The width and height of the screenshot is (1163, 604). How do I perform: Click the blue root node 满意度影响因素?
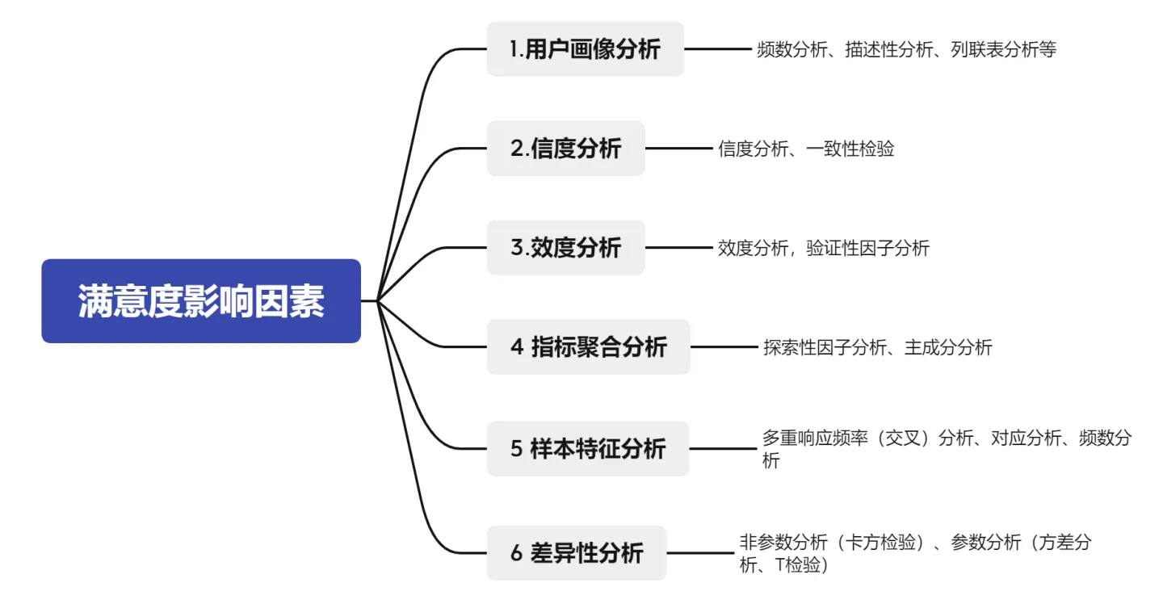(201, 301)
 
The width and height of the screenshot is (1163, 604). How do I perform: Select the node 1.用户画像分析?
(585, 49)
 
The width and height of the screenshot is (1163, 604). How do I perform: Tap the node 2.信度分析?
(566, 149)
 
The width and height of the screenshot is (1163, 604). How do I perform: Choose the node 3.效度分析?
(566, 248)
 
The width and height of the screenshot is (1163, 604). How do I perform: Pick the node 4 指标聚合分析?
(588, 346)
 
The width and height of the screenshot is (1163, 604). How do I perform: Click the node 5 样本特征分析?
(588, 448)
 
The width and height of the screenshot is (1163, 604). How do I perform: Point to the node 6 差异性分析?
(577, 552)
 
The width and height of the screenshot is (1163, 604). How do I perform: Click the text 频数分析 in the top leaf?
(791, 49)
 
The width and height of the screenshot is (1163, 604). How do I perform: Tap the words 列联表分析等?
(1004, 49)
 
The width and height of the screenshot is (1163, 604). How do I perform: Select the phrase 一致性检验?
(850, 149)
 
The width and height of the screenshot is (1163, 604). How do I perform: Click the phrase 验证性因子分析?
(867, 248)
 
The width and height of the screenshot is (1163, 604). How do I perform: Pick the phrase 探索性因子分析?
(825, 347)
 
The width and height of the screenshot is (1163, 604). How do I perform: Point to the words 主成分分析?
(948, 347)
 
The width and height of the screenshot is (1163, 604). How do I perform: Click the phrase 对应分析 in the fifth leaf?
(1026, 438)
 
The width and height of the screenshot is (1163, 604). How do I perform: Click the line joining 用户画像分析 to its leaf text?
(718, 49)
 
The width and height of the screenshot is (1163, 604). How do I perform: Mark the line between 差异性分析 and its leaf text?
(700, 552)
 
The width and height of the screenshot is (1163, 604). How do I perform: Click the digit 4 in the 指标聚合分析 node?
(517, 346)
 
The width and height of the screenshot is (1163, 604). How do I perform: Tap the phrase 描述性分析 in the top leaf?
(889, 49)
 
